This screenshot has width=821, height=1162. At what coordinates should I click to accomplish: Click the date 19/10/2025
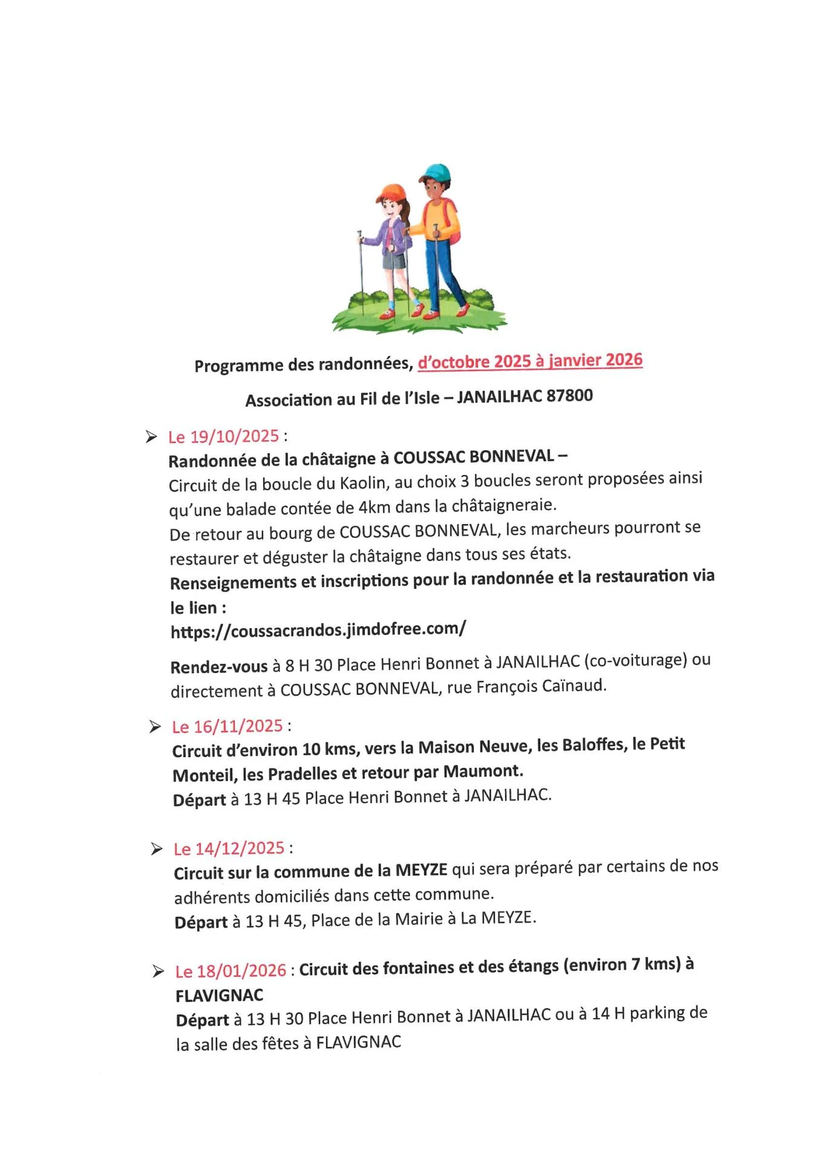point(234,436)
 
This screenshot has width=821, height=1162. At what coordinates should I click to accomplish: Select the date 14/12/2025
point(240,848)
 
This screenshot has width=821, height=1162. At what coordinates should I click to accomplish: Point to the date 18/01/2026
point(241,971)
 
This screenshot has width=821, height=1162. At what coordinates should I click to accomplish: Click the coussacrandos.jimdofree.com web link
point(318,630)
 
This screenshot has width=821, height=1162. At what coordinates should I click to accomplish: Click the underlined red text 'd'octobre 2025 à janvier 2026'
point(530,361)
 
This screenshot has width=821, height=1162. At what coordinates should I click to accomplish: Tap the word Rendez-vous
point(219,667)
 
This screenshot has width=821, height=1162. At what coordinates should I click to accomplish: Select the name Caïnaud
point(575,686)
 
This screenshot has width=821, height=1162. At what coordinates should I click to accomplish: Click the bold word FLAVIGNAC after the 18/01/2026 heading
point(220,996)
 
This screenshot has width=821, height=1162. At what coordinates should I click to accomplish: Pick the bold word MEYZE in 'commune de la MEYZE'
point(421,870)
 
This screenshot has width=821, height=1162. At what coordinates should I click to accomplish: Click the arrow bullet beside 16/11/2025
point(155,727)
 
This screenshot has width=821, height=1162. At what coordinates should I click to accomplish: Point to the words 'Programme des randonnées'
point(303,365)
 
